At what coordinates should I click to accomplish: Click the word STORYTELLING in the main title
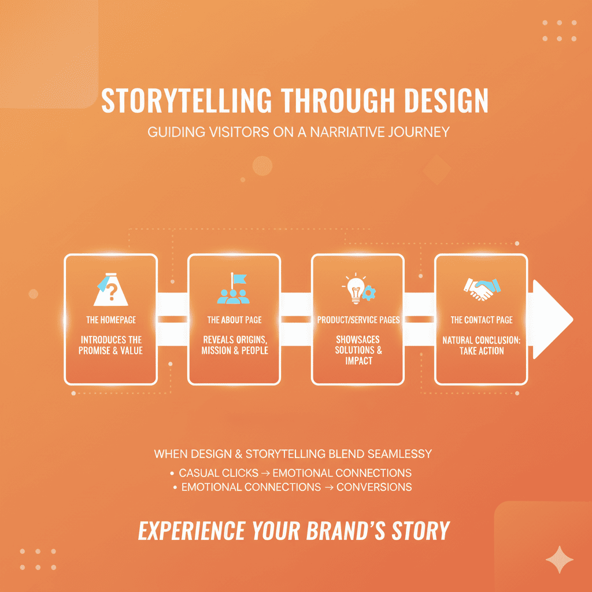[x=187, y=101]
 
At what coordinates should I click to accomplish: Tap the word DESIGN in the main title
[x=446, y=101]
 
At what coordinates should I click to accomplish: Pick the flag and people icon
[x=234, y=289]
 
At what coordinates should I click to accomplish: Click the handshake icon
[x=482, y=289]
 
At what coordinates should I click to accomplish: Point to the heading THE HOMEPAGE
[x=111, y=320]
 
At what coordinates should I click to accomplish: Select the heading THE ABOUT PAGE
[x=235, y=320]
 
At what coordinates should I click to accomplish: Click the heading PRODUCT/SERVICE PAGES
[x=358, y=320]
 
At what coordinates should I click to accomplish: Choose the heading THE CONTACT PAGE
[x=482, y=320]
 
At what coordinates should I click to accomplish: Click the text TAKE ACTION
[x=482, y=351]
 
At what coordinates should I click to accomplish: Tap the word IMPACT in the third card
[x=358, y=361]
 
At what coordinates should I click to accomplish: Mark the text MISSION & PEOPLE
[x=235, y=350]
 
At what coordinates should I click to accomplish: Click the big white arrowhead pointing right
[x=552, y=319]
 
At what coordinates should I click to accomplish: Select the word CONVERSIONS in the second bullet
[x=374, y=487]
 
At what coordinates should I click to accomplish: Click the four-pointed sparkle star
[x=559, y=560]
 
